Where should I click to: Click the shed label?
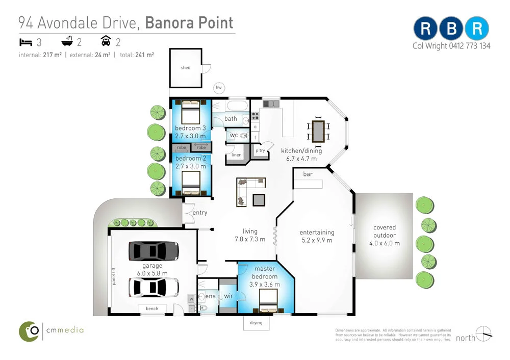[x=186, y=67]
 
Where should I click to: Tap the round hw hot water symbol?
[x=219, y=88]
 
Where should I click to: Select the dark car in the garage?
[x=153, y=250]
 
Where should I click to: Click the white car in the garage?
[x=154, y=288]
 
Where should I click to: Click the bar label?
[x=308, y=174]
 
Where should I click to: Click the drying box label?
[x=256, y=322]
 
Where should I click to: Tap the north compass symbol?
[x=484, y=334]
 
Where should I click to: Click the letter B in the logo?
[x=451, y=29]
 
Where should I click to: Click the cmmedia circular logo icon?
[x=30, y=331]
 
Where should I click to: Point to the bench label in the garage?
[x=152, y=308]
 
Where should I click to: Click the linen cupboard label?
[x=236, y=155]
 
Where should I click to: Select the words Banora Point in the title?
[x=189, y=22]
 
